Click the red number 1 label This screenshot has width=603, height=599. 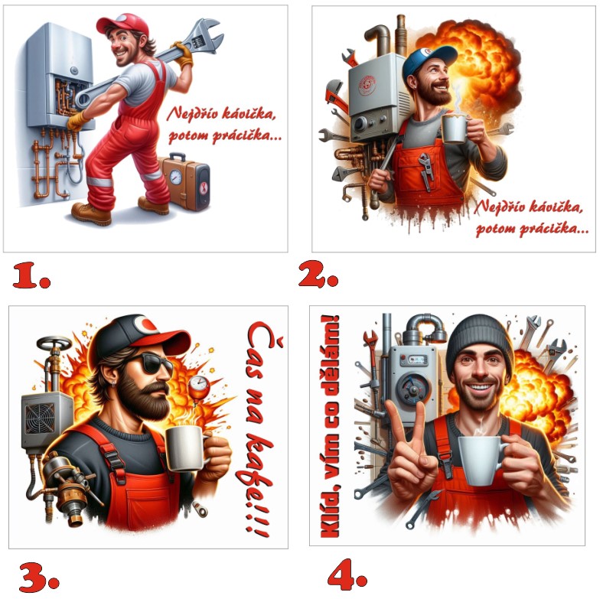[x=31, y=275]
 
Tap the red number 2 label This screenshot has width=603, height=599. [x=318, y=274]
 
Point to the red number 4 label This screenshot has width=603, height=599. [x=347, y=575]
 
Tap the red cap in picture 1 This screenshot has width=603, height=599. [x=124, y=24]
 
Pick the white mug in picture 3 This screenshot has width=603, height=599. [x=186, y=448]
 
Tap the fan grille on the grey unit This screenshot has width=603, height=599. [x=40, y=418]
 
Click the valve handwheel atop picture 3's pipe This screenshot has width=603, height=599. [x=54, y=343]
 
